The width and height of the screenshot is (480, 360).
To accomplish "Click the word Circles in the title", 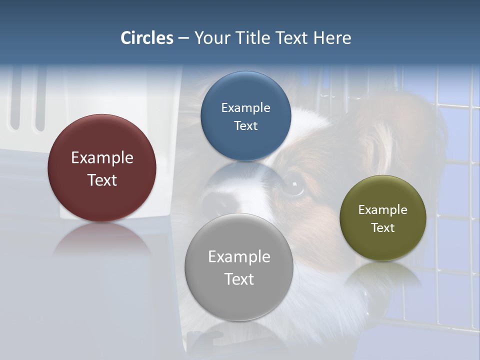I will (x=147, y=38).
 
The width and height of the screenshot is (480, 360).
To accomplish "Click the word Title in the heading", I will (x=252, y=38).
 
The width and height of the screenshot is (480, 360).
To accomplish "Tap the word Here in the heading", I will (x=332, y=38).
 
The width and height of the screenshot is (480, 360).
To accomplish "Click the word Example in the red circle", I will (x=102, y=158).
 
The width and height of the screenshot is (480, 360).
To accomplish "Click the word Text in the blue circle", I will (x=245, y=126).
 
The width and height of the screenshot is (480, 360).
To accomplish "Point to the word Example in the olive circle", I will (x=383, y=210).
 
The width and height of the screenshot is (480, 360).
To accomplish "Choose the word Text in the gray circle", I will (x=239, y=279).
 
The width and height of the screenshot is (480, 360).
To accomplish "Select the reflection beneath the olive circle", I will (x=383, y=275).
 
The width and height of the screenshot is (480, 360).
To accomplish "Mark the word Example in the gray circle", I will (x=239, y=257).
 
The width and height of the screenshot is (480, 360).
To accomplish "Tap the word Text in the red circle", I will (x=102, y=180).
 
